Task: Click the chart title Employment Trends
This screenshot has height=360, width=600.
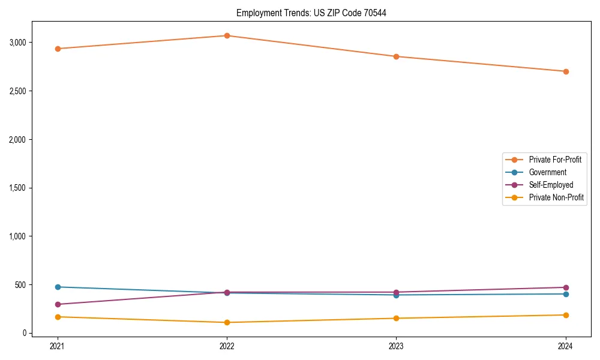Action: pos(311,13)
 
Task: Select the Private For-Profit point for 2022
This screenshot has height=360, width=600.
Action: pos(227,35)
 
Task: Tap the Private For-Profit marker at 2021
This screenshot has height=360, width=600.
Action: pos(58,49)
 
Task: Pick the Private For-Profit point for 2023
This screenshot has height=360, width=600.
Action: pos(396,56)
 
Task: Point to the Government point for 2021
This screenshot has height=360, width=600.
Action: pos(58,287)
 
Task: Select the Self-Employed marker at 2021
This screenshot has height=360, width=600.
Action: pos(58,304)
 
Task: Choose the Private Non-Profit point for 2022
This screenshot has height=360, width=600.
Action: pos(227,322)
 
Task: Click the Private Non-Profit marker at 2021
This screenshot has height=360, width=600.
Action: pos(58,317)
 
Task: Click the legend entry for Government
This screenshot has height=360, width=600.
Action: pos(547,172)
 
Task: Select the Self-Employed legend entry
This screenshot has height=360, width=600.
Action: pos(551,185)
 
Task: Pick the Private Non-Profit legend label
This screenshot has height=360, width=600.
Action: pos(556,197)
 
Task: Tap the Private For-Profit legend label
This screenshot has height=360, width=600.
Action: pos(555,160)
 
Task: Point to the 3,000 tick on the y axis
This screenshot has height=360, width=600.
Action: pos(17,43)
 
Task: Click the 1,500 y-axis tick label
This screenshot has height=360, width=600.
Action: pos(17,188)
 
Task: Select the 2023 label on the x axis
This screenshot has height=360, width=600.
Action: pos(396,346)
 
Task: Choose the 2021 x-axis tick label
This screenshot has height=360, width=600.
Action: pos(58,346)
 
